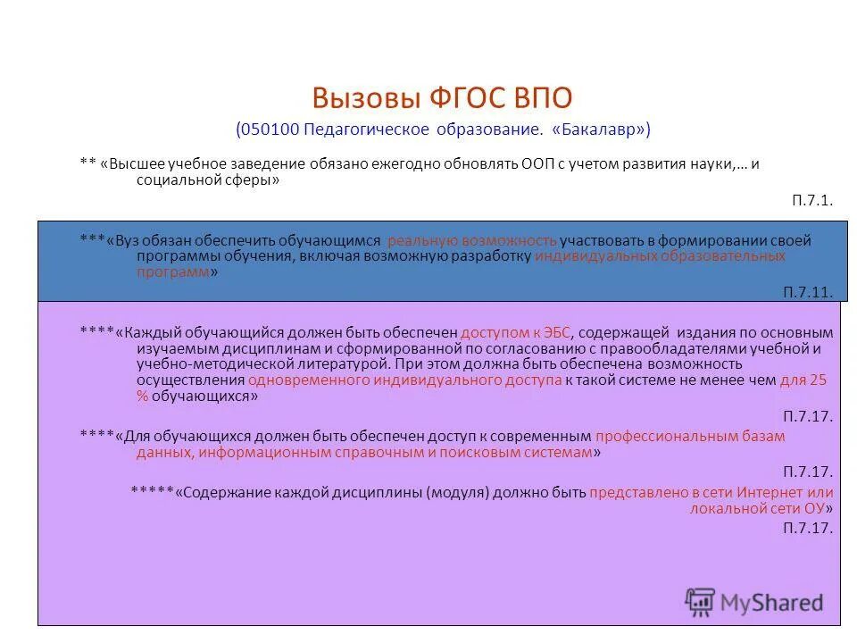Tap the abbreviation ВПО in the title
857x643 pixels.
coord(534,97)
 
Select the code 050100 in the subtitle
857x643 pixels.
coord(270,129)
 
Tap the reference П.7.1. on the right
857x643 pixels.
coord(811,200)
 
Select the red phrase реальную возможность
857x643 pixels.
coord(472,240)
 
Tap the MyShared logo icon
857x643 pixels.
coord(700,601)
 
